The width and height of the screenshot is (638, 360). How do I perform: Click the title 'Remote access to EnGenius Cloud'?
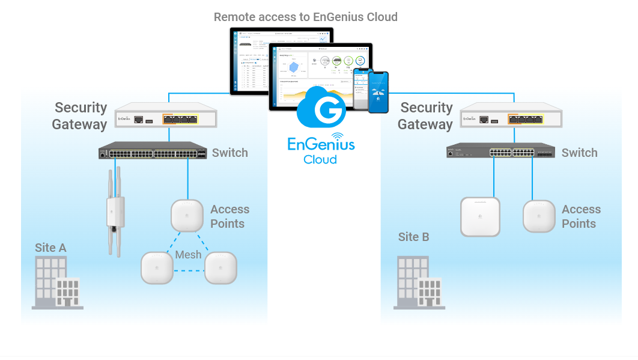[x=305, y=17]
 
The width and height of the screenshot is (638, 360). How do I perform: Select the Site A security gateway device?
[x=166, y=115]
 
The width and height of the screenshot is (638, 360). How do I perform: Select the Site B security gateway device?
[x=511, y=115]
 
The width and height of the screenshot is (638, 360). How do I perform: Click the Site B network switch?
[x=500, y=151]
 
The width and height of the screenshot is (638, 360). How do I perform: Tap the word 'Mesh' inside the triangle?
[x=188, y=255]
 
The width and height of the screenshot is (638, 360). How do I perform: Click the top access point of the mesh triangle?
[x=187, y=215]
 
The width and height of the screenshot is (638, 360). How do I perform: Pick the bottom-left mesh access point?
[x=157, y=267]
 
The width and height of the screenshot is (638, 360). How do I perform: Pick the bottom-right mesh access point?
[x=220, y=267]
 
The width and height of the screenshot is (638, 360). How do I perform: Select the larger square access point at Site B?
[x=480, y=216]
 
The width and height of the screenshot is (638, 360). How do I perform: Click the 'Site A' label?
[x=50, y=248]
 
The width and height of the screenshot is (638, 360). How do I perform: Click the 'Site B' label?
[x=413, y=237]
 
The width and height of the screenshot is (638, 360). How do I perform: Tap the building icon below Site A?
[x=57, y=282]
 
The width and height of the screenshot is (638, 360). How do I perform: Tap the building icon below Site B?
[x=419, y=282]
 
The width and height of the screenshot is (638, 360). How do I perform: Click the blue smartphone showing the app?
[x=378, y=92]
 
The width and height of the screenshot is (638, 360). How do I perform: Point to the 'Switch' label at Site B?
[x=579, y=153]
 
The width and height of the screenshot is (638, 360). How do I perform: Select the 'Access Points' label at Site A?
[x=229, y=216]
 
